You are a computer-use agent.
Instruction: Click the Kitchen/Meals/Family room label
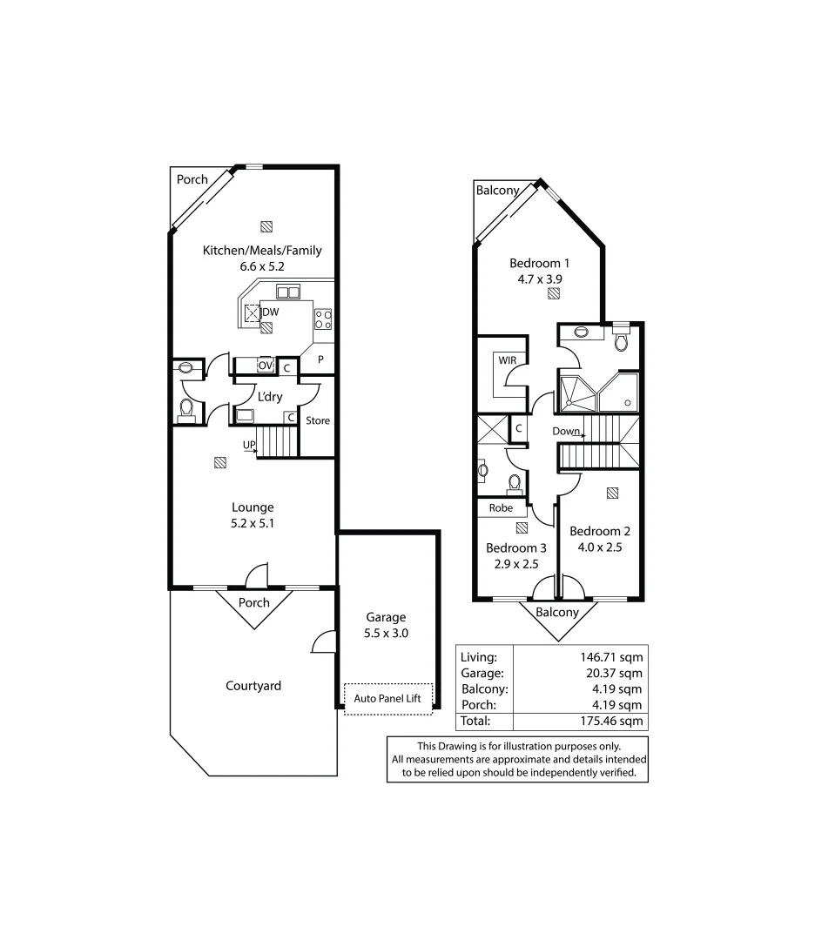[x=262, y=251]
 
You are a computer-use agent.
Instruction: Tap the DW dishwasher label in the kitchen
[x=271, y=312]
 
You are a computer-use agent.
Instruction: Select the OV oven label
[x=266, y=366]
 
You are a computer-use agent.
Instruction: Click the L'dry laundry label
[x=268, y=396]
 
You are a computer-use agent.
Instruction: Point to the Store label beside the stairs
[x=318, y=420]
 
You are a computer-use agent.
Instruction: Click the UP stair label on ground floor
[x=249, y=445]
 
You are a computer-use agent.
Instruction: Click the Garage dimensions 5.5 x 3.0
[x=385, y=634]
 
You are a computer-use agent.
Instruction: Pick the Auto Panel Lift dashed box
[x=387, y=698]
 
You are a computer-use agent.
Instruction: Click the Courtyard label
[x=253, y=686]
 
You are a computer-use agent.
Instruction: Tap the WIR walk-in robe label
[x=508, y=359]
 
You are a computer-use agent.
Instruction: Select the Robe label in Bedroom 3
[x=500, y=507]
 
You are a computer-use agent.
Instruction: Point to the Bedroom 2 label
[x=600, y=532]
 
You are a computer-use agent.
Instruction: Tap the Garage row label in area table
[x=482, y=673]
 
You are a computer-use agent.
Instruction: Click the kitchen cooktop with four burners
[x=322, y=319]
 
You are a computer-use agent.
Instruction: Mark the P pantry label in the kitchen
[x=320, y=359]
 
